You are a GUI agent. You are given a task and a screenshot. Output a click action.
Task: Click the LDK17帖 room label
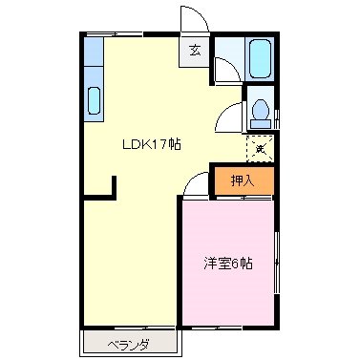click(x=151, y=145)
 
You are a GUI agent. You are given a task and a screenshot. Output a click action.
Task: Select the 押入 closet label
click(x=243, y=180)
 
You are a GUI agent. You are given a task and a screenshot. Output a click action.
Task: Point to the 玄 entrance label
click(x=195, y=52)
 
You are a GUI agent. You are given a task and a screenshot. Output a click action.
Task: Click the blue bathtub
click(x=259, y=59)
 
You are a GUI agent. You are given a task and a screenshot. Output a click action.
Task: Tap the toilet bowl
click(x=260, y=113)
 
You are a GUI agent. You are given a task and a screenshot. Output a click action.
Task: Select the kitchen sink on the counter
click(x=95, y=99)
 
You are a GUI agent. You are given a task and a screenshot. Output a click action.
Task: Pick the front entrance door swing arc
click(x=192, y=19)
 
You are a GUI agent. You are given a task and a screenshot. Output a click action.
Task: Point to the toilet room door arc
click(x=229, y=116)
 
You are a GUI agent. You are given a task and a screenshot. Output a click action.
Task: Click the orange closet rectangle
click(x=243, y=180)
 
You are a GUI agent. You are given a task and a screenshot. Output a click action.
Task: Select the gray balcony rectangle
click(x=128, y=342)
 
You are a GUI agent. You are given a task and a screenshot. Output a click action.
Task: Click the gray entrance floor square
click(x=196, y=53)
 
